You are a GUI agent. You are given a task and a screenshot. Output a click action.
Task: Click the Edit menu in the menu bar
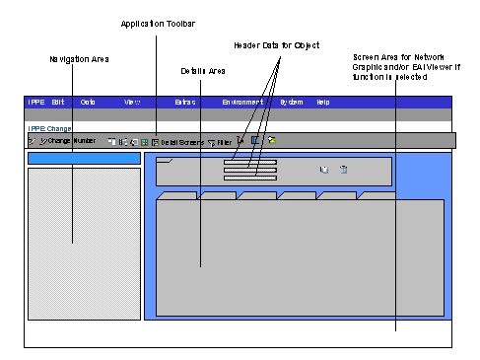click(58, 103)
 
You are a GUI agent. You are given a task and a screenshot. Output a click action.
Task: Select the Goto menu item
click(88, 103)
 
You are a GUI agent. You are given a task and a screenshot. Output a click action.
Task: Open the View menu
click(132, 103)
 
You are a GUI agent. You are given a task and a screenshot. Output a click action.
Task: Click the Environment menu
click(241, 103)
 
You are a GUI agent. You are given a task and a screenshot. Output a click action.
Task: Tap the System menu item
click(292, 103)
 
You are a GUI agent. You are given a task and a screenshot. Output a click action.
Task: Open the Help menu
click(323, 103)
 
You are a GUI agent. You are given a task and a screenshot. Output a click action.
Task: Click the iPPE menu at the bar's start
click(36, 103)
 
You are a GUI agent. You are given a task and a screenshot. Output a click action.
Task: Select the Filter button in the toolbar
click(220, 142)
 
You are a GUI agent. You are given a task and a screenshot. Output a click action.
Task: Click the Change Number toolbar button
click(68, 142)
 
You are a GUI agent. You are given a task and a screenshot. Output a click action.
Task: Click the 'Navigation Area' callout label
click(79, 60)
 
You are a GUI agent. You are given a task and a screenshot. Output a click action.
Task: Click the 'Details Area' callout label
click(204, 71)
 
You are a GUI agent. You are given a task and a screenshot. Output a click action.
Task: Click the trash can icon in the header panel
click(343, 170)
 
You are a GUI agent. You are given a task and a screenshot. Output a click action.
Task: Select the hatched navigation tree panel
click(84, 242)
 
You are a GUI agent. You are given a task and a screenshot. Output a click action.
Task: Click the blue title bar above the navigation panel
click(84, 158)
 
